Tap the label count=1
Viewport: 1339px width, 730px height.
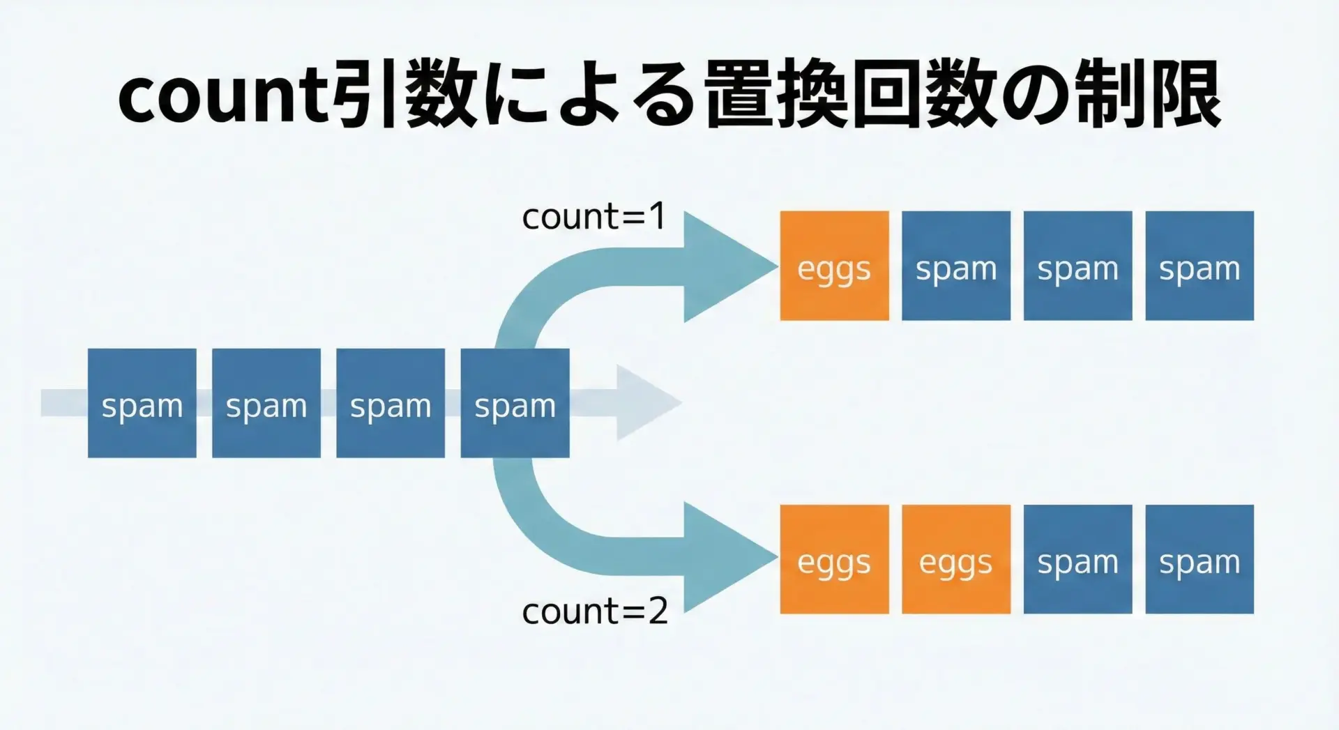[x=594, y=217]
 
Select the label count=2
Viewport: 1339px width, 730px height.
[x=595, y=611]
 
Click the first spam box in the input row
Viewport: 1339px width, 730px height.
[x=142, y=404]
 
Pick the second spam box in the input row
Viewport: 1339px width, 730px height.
[x=266, y=404]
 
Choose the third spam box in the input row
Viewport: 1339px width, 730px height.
[x=391, y=404]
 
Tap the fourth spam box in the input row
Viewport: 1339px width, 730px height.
[x=515, y=404]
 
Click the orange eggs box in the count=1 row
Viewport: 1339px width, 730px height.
[x=834, y=266]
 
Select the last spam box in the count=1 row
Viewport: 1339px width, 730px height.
[x=1200, y=266]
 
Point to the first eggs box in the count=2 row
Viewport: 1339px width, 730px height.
[x=834, y=560]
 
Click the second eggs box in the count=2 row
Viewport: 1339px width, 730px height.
[x=956, y=560]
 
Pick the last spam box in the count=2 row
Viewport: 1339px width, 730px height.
[x=1200, y=560]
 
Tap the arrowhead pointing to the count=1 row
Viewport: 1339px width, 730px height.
[x=725, y=266]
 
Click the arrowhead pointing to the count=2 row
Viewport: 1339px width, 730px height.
[x=725, y=557]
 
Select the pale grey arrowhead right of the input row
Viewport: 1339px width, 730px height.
[x=645, y=403]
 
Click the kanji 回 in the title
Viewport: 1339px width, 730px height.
[x=888, y=96]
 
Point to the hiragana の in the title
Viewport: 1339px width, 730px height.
[x=1034, y=96]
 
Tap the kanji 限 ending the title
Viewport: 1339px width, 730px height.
[x=1186, y=96]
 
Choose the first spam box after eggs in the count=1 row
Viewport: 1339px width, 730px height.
[x=956, y=266]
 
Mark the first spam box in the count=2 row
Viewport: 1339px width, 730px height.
[x=1077, y=560]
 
